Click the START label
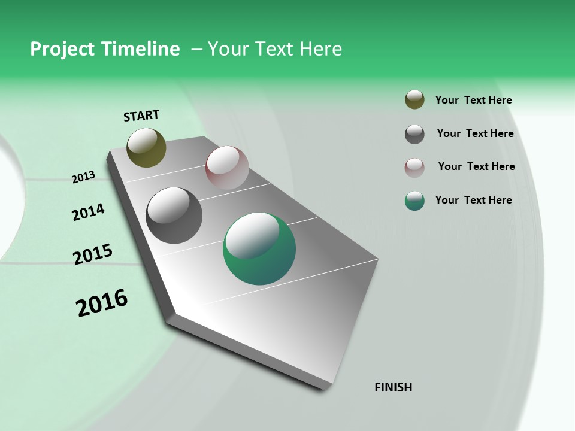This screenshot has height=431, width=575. pos(141,116)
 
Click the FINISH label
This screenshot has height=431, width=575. pos(393,387)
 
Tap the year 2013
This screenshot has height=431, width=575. pos(83,177)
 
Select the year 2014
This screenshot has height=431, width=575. pos(88,213)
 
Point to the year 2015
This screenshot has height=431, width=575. pos(93,254)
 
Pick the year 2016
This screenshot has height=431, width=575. pos(102,303)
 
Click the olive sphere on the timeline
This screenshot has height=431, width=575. pos(146,147)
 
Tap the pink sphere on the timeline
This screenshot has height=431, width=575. pos(227,168)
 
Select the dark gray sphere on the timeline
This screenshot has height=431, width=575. pos(174,215)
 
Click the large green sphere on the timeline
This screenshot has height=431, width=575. pos(259,248)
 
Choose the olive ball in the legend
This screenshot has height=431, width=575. pos(414,100)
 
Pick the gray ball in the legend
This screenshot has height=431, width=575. pos(414,134)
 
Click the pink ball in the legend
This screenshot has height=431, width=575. pos(414,168)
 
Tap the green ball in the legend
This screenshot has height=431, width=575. pos(414,201)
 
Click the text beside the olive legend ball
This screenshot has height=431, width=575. pos(473,101)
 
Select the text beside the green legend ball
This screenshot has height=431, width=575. pos(473,200)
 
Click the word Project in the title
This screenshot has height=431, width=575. pos(62,49)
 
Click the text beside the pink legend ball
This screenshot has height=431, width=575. pos(476,166)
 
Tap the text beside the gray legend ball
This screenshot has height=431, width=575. pos(475,133)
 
